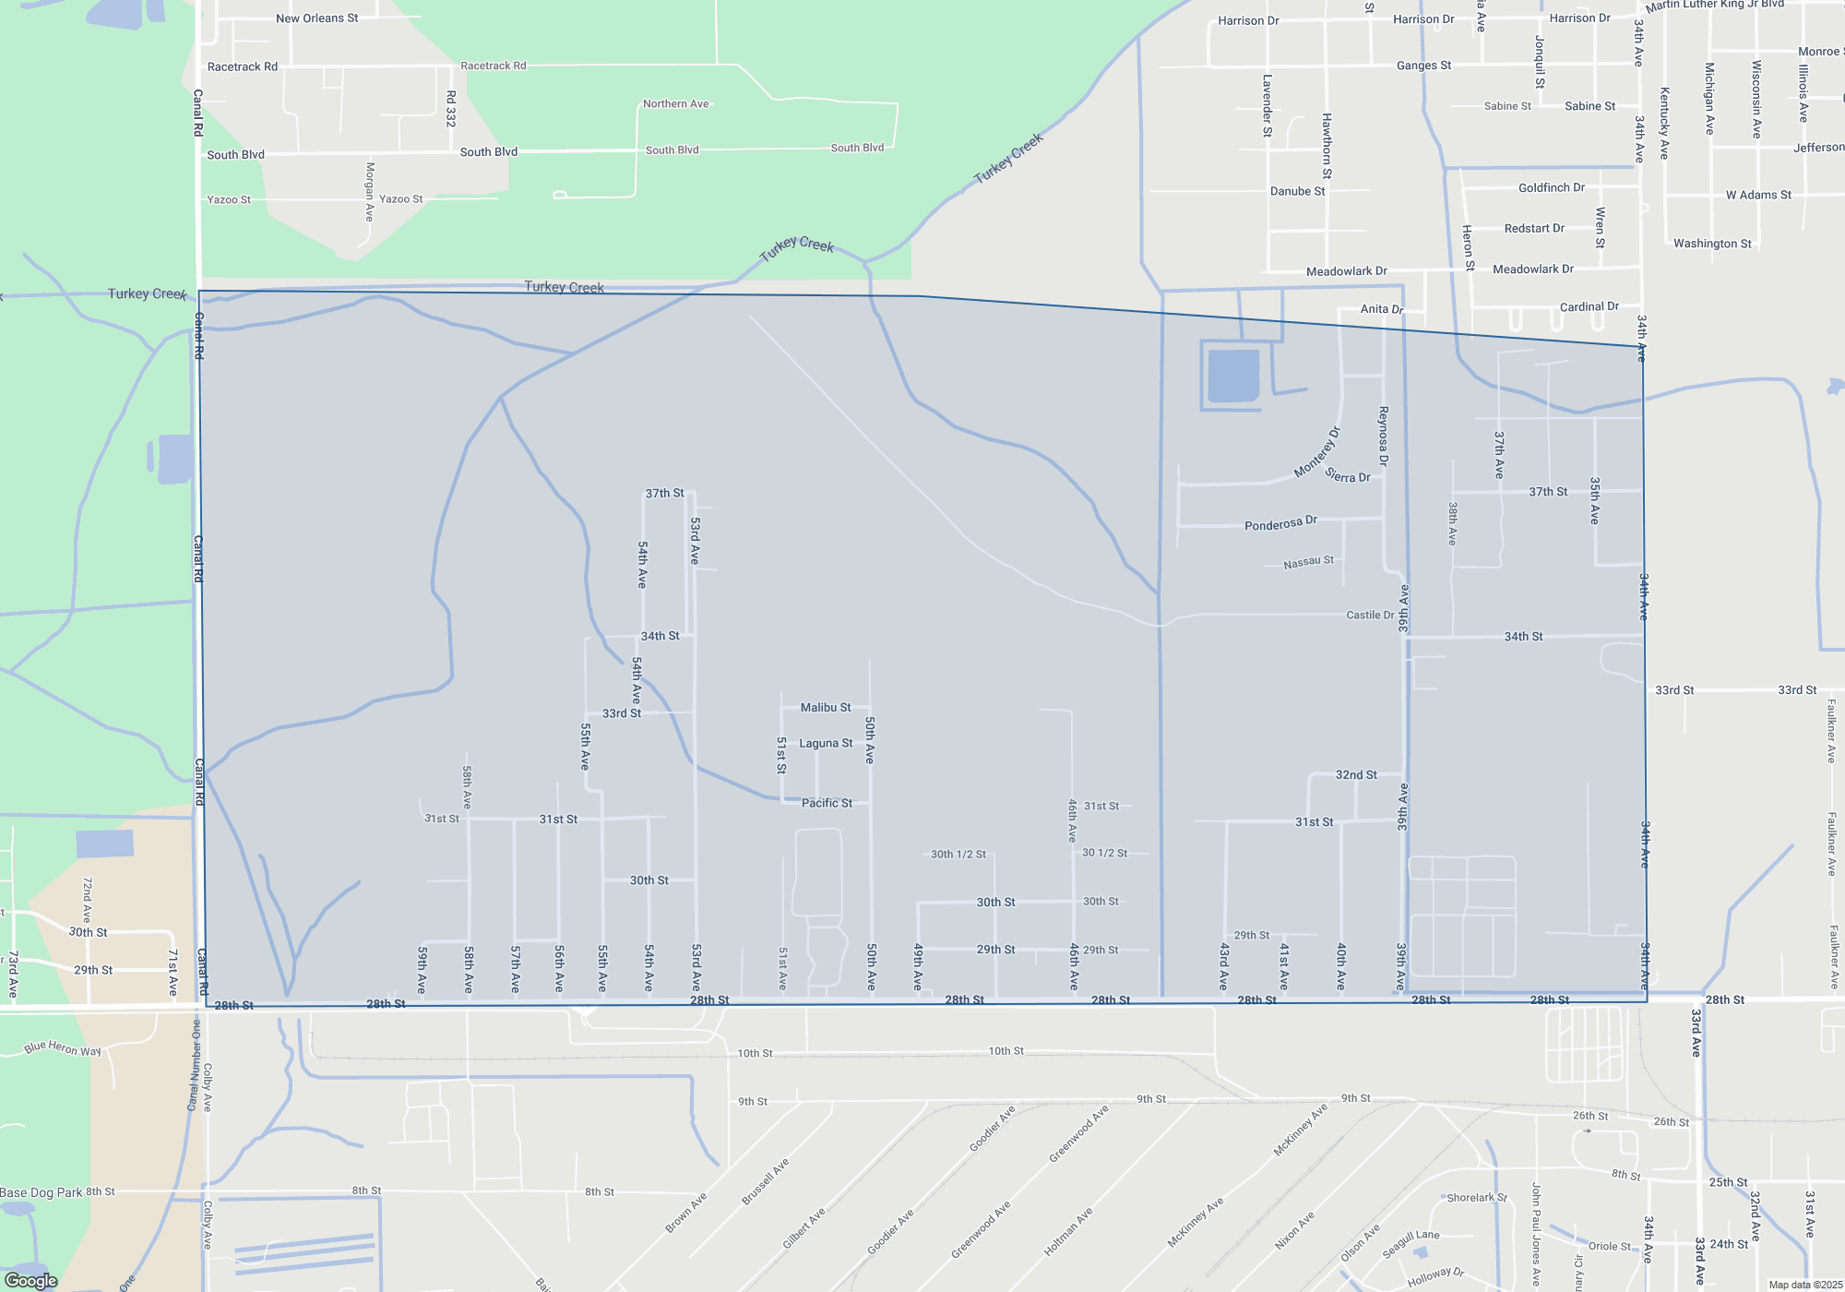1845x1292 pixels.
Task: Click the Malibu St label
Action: (826, 708)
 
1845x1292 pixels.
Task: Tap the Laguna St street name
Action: (826, 743)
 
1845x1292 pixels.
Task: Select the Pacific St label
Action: (827, 803)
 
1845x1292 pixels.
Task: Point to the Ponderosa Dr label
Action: (1280, 524)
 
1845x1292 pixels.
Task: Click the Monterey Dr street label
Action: (1316, 452)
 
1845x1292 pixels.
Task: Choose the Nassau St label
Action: (1308, 562)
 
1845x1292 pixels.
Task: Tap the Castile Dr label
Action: (1370, 615)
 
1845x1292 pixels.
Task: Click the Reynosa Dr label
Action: (1383, 436)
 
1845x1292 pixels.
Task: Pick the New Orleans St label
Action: (316, 18)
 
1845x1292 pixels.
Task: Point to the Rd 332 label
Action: (451, 109)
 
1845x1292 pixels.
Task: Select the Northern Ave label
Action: (675, 104)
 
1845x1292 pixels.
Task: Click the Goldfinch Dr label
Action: (1551, 188)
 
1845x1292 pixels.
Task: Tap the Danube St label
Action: (1297, 192)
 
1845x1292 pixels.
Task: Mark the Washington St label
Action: (1712, 244)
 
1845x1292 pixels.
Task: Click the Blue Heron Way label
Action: (63, 1048)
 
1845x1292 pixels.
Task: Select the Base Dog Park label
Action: (42, 1192)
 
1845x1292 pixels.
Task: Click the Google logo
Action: (31, 1281)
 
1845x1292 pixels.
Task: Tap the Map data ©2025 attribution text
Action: (1805, 1285)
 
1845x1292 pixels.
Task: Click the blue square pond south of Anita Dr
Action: (1233, 375)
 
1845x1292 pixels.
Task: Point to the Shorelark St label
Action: (1476, 1198)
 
